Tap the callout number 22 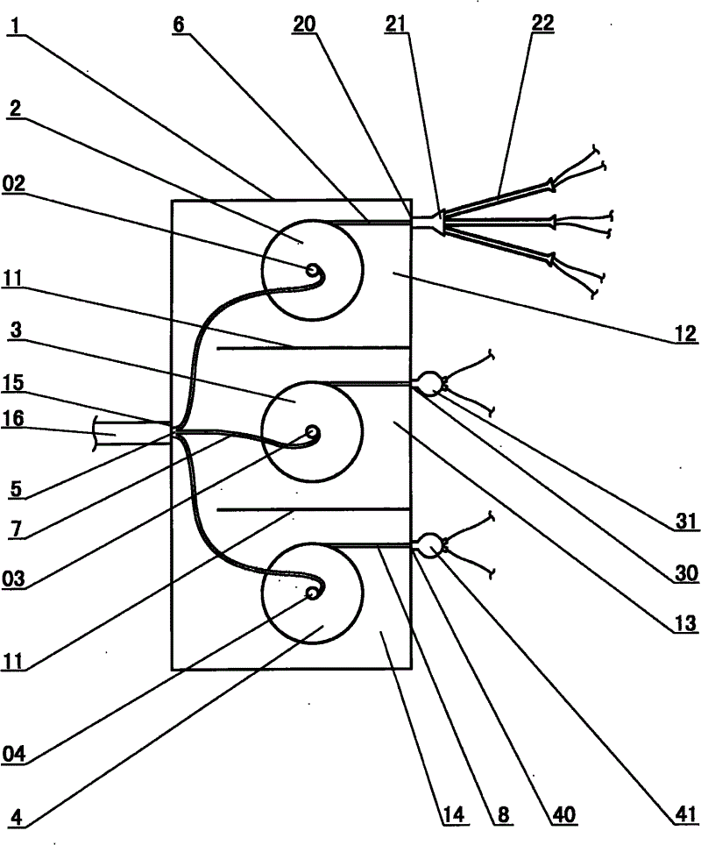(543, 25)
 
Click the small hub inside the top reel (311, 271)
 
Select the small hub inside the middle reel (311, 433)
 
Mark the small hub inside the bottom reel (311, 593)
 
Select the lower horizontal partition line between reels (313, 508)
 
